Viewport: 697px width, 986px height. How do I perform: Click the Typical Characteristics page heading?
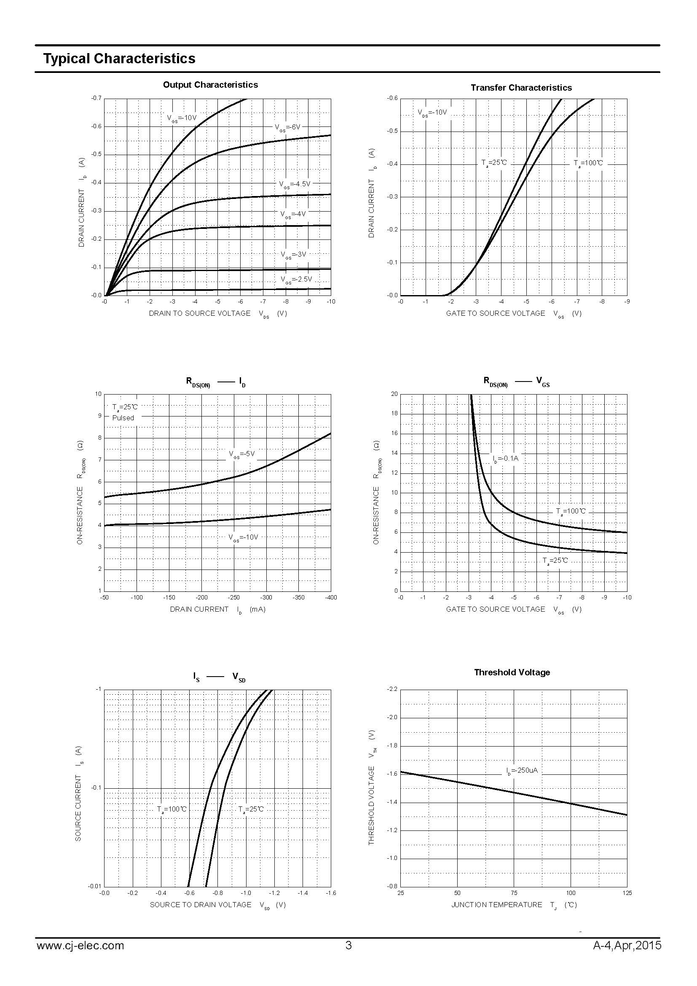click(119, 59)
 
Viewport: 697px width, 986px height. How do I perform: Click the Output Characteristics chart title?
click(210, 85)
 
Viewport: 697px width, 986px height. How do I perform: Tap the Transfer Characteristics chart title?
click(521, 88)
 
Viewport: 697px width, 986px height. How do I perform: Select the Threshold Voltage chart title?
click(512, 672)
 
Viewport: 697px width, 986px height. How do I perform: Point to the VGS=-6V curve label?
click(287, 128)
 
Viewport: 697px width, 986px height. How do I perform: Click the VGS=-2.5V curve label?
click(296, 279)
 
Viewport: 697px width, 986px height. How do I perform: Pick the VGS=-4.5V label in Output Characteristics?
click(295, 184)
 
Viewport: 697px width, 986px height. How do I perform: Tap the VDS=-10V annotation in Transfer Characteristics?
click(432, 113)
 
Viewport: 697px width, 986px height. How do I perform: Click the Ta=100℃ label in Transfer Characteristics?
click(588, 163)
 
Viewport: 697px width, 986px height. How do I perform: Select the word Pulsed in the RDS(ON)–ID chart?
click(123, 418)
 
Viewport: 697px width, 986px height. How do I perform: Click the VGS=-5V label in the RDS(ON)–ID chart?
click(241, 454)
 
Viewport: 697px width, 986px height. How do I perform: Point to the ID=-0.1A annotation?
click(505, 459)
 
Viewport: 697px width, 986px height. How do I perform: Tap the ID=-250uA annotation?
click(521, 771)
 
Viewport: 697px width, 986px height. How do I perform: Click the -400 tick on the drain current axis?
click(330, 597)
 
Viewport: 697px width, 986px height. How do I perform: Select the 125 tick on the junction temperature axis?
click(627, 893)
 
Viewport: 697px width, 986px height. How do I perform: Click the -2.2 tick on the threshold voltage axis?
click(393, 689)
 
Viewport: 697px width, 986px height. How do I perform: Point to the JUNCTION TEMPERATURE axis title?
click(496, 905)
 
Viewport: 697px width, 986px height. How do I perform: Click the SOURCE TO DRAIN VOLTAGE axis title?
click(201, 905)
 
